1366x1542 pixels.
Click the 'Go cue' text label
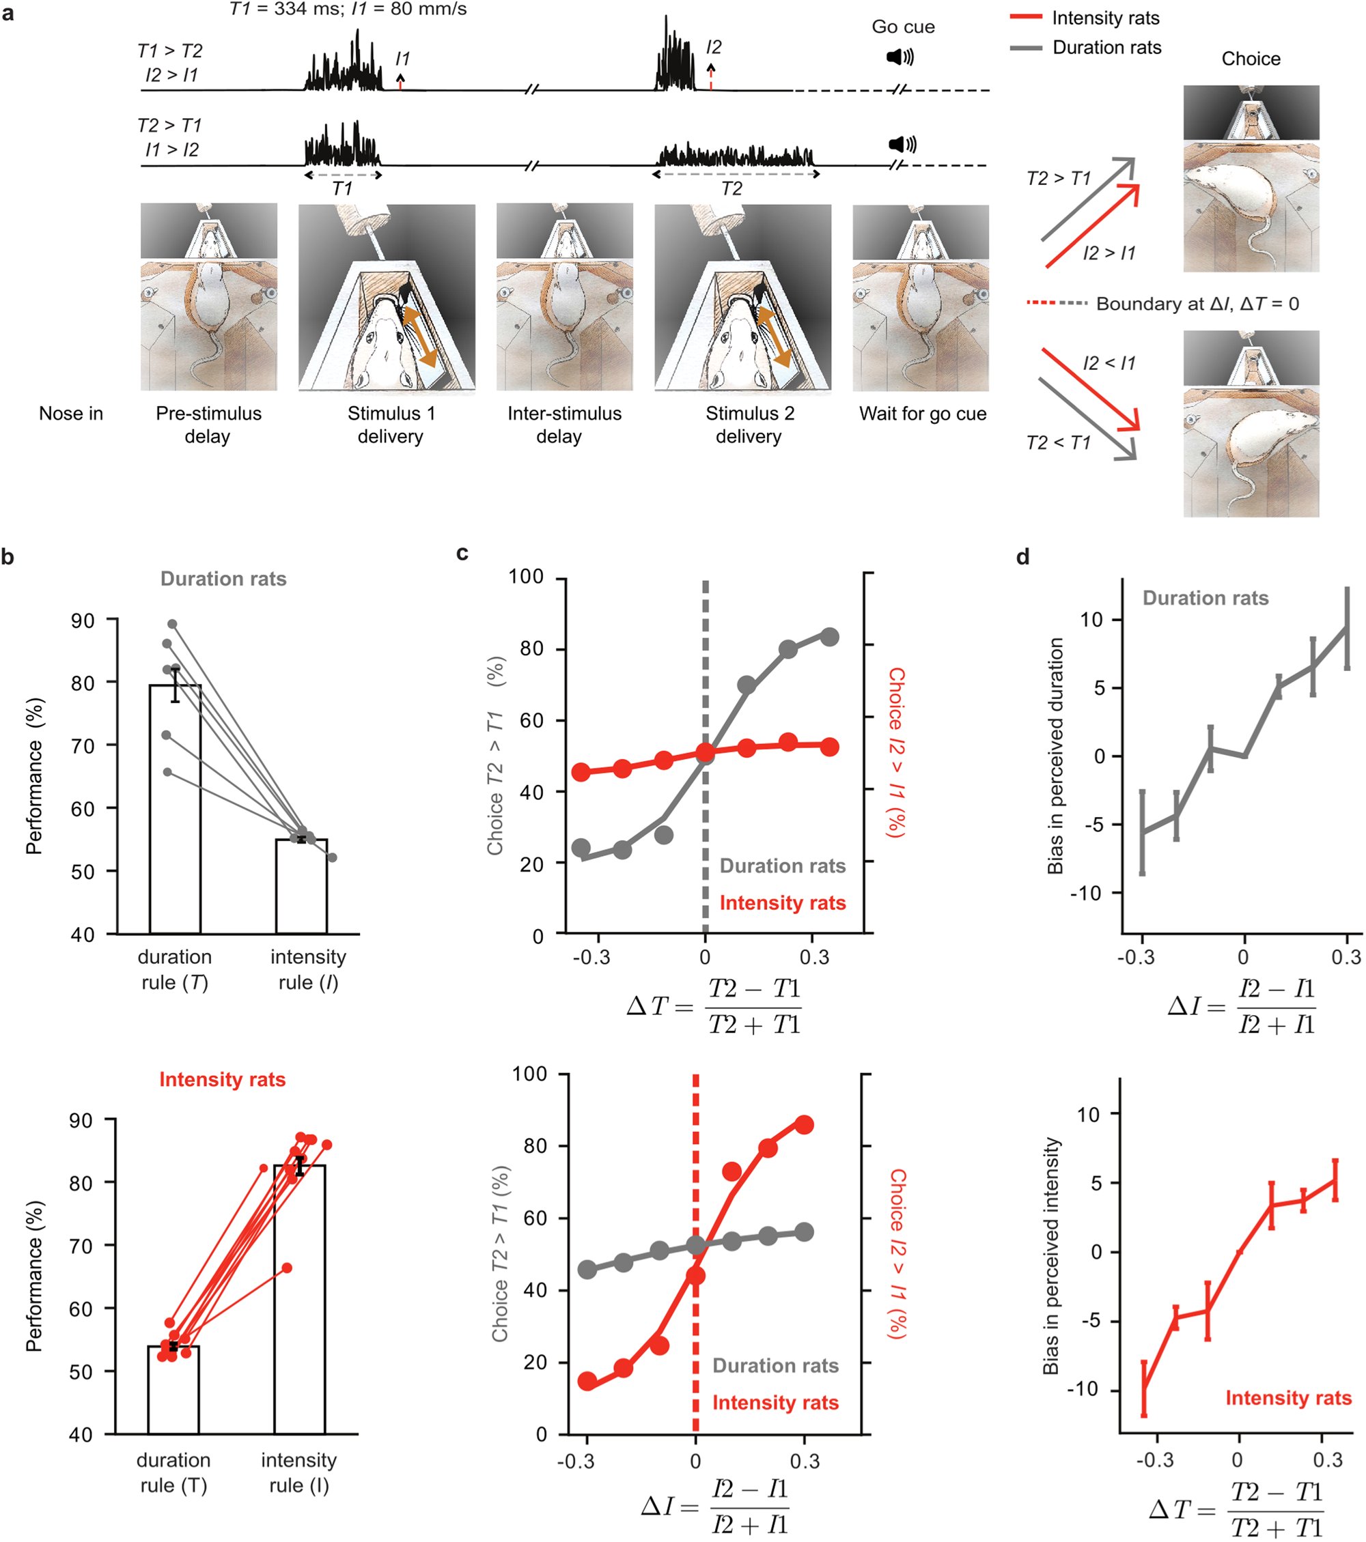[x=903, y=27]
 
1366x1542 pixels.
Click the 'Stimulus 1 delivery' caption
[x=390, y=424]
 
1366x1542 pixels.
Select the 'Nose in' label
[x=71, y=414]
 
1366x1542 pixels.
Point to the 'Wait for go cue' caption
[x=922, y=414]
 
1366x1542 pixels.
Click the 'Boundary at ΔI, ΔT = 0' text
[x=1197, y=304]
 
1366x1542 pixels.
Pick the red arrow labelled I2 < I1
[x=1090, y=389]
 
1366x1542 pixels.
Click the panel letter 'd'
[x=1022, y=558]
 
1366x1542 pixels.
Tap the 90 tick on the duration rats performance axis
[x=83, y=620]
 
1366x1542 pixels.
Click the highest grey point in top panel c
[x=829, y=637]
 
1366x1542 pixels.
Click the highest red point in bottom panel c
[x=805, y=1125]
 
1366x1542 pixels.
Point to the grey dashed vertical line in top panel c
[x=705, y=679]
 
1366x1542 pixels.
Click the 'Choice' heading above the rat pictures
[x=1251, y=59]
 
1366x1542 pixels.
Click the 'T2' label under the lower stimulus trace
[x=731, y=188]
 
